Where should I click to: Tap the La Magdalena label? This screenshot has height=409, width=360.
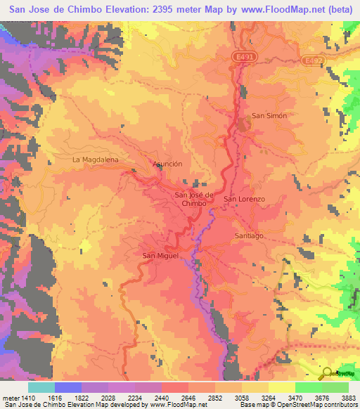pyautogui.click(x=95, y=160)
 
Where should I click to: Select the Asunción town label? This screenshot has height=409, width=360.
pyautogui.click(x=167, y=164)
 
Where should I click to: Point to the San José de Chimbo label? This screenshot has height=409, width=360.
pyautogui.click(x=193, y=198)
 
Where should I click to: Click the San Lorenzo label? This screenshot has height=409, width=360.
pyautogui.click(x=244, y=200)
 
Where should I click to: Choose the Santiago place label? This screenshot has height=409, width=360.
pyautogui.click(x=249, y=235)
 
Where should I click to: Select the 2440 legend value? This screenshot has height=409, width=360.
pyautogui.click(x=178, y=378)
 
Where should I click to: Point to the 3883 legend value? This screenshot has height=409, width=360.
pyautogui.click(x=349, y=378)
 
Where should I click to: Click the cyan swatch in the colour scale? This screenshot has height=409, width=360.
pyautogui.click(x=41, y=387)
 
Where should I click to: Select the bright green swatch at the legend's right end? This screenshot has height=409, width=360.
pyautogui.click(x=335, y=387)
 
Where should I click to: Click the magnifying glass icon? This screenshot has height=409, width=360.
pyautogui.click(x=327, y=373)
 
